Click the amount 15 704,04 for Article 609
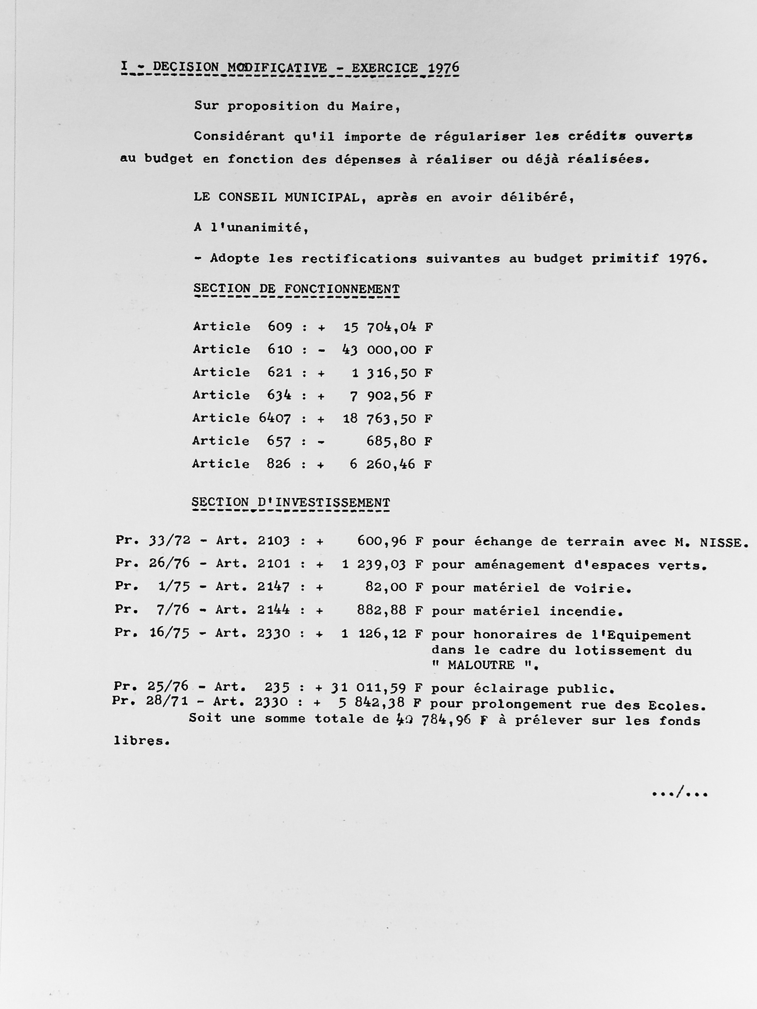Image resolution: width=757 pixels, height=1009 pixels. tap(380, 327)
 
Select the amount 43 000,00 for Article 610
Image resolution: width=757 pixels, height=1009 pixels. tap(379, 350)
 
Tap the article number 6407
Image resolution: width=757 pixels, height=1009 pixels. tap(275, 418)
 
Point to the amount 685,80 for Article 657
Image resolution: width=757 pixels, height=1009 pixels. tap(391, 441)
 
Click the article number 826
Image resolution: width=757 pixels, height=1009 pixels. tap(279, 464)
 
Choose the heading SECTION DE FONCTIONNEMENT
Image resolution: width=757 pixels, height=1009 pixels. tap(297, 289)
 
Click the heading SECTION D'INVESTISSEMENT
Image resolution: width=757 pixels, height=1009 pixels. tap(291, 502)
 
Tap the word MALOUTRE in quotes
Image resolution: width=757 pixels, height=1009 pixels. tap(481, 665)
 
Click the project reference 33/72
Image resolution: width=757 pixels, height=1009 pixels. tap(169, 541)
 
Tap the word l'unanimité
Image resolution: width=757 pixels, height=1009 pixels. tap(259, 227)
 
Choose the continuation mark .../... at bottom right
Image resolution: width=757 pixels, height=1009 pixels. tap(679, 793)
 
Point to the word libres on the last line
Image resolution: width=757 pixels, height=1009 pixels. tap(141, 741)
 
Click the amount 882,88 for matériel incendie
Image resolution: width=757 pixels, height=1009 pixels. tap(382, 610)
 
